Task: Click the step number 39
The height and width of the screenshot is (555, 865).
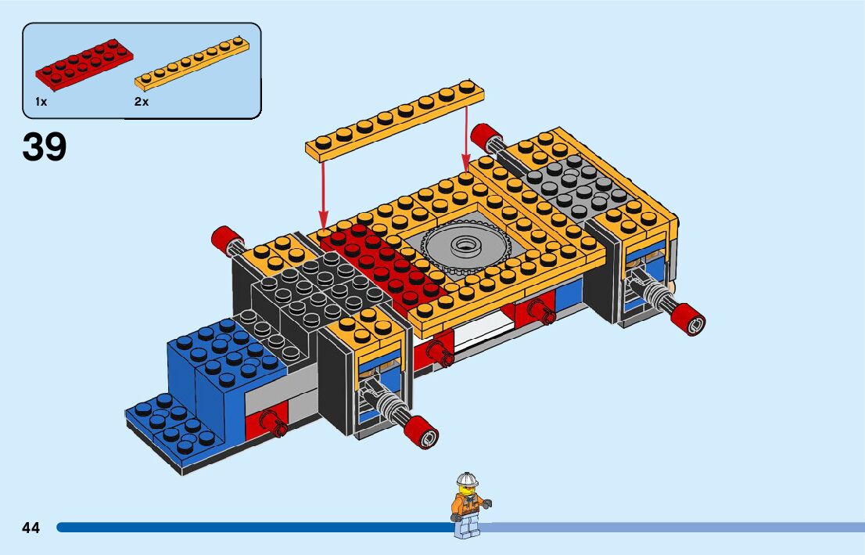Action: pyautogui.click(x=45, y=147)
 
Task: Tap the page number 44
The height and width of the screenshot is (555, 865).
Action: pyautogui.click(x=31, y=528)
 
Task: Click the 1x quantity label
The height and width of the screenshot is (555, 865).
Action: pyautogui.click(x=41, y=102)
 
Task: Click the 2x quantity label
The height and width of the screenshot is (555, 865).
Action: pyautogui.click(x=142, y=102)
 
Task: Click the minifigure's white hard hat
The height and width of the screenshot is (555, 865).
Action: pyautogui.click(x=467, y=479)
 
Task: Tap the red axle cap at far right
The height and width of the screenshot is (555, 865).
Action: pyautogui.click(x=693, y=321)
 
